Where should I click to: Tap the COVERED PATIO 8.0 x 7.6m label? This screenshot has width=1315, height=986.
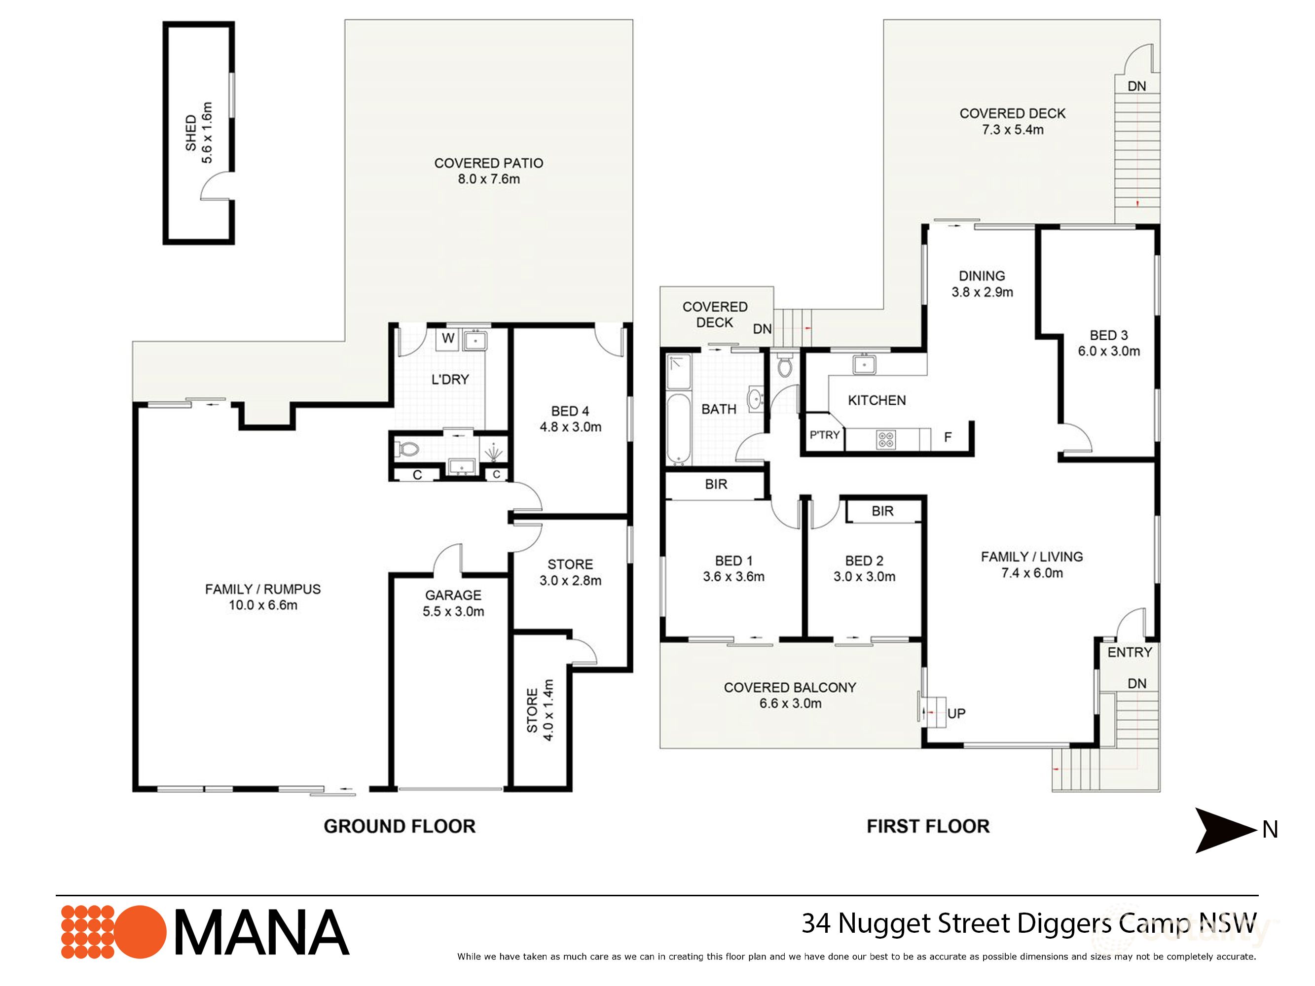pos(488,171)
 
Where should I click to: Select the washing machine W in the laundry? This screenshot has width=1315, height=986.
pos(448,339)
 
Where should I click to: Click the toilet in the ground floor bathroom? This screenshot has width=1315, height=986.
pos(408,449)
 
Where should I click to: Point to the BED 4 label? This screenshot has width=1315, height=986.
pos(570,411)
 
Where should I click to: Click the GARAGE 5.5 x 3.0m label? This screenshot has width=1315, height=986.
pos(453,603)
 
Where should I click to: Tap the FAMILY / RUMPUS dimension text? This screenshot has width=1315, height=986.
pos(263,605)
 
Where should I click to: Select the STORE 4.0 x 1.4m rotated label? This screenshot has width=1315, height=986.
pos(540,710)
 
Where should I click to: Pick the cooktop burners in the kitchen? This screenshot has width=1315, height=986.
pos(886,439)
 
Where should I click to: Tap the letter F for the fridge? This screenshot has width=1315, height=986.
pos(948,437)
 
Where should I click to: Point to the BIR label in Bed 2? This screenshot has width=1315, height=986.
pos(882,511)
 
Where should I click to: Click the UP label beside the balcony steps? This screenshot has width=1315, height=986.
pos(956,713)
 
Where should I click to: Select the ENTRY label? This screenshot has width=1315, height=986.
pos(1129,652)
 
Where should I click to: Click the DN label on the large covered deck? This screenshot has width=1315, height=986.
pos(1136,86)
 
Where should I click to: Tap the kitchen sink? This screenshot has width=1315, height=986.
pos(863,364)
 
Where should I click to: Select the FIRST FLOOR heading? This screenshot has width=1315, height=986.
pos(927,826)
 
